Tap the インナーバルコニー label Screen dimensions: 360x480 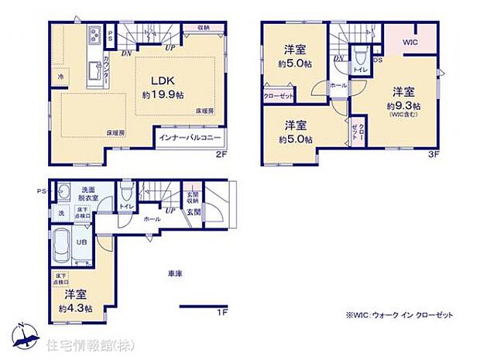point(190,139)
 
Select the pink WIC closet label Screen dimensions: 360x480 point(410,43)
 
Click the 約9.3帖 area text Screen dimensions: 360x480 point(406,105)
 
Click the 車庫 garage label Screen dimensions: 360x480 point(173,273)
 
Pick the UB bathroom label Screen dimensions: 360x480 point(81,242)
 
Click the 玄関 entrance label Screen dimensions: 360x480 point(192,211)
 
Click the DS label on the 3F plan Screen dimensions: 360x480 point(377,58)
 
